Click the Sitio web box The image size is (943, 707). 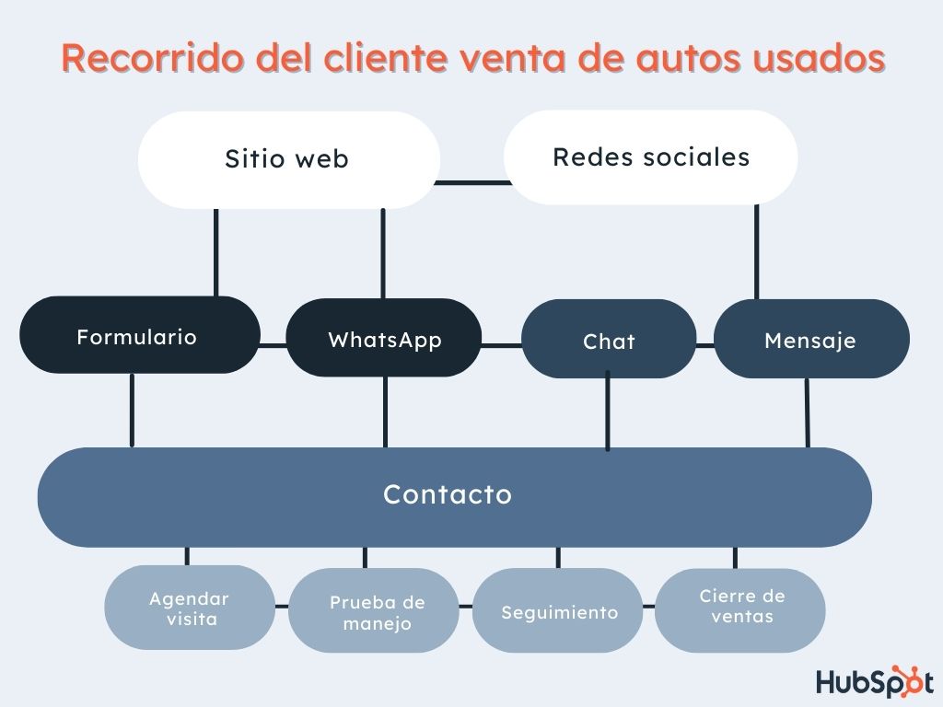(287, 159)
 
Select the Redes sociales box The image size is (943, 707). (651, 157)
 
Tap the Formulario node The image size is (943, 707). (137, 336)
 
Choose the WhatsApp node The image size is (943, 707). (384, 339)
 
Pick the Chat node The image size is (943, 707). (609, 341)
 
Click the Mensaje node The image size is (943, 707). (810, 340)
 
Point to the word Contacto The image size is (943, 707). (448, 494)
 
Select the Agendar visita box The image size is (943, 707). (189, 608)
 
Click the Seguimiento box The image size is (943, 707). (558, 612)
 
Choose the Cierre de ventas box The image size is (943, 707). (740, 608)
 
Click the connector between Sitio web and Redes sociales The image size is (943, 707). (471, 182)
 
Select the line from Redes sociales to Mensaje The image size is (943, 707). (757, 251)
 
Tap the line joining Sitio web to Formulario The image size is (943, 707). (216, 251)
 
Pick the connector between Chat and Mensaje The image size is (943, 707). (705, 345)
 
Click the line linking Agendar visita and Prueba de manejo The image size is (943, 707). (282, 606)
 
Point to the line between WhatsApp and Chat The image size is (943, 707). (501, 345)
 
